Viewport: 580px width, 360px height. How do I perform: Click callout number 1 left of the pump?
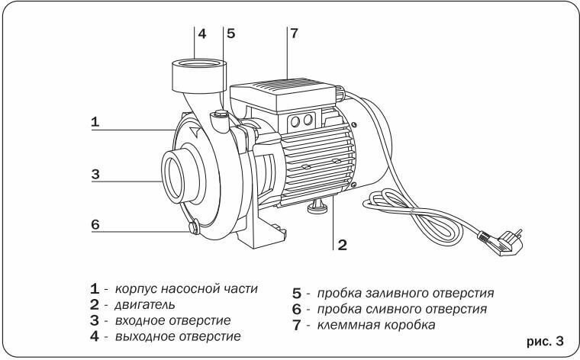point(95,121)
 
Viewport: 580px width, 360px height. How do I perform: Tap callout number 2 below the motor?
point(343,245)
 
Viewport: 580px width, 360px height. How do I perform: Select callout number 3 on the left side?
point(95,174)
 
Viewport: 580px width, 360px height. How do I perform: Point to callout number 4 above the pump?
point(202,34)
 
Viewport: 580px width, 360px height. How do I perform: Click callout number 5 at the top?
point(231,34)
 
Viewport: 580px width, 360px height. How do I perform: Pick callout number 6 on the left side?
point(95,225)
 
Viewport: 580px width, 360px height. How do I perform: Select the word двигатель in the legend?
point(134,305)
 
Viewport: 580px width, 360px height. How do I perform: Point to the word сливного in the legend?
point(389,309)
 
